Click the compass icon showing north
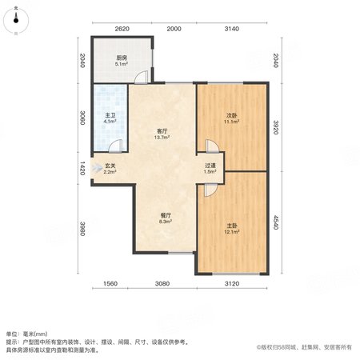click(16, 21)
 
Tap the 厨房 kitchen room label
click(122, 58)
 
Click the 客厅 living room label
click(162, 131)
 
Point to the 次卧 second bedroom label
click(231, 115)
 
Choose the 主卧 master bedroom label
click(232, 226)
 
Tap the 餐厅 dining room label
click(166, 215)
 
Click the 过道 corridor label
click(210, 166)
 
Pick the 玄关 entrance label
click(110, 166)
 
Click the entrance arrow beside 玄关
click(97, 168)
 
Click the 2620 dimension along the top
click(122, 29)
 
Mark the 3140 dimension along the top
click(231, 29)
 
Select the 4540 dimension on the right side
click(276, 222)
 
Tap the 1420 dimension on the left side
click(82, 168)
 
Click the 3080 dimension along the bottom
click(162, 284)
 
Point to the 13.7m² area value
click(162, 138)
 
